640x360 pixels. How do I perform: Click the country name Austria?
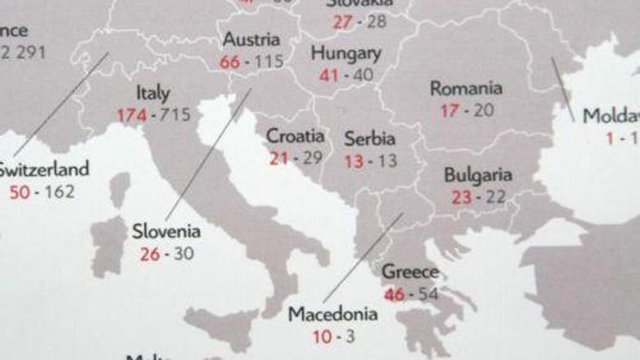251,40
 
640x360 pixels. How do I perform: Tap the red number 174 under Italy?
132,115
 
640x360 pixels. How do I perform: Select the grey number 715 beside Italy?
174,115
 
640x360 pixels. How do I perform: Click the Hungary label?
346,55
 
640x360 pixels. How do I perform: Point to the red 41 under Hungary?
328,75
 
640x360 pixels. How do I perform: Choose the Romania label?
466,88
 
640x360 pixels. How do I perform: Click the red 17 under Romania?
449,110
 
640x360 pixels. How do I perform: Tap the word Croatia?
295,136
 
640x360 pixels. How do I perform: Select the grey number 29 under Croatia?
312,157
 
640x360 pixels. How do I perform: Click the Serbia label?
370,138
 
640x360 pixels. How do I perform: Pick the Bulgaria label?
478,175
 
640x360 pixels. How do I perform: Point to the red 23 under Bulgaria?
461,196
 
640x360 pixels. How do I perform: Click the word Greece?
410,272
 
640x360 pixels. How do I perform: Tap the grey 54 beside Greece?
427,293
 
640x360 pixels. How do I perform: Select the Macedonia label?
333,314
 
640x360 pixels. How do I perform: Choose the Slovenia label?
166,232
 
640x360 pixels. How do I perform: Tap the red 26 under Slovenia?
150,253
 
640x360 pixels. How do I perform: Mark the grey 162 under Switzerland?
59,192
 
